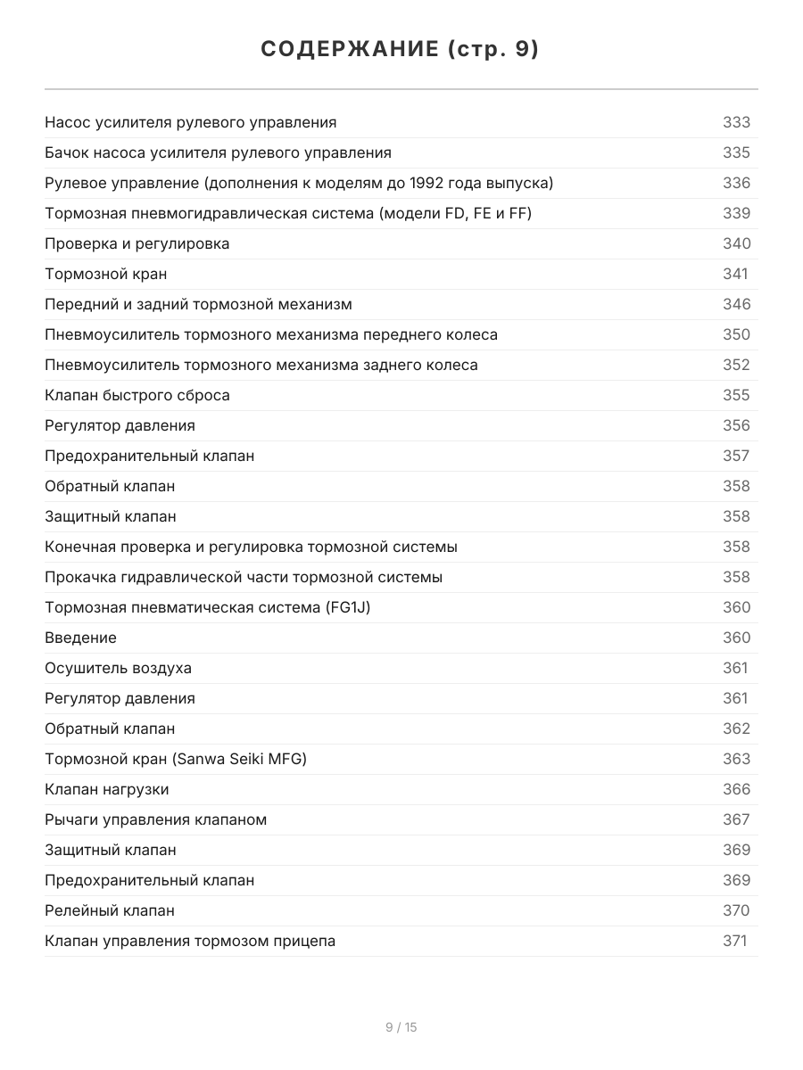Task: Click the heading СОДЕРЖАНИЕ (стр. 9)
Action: click(401, 50)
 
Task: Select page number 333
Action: click(736, 122)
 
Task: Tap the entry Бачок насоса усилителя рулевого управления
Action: click(218, 152)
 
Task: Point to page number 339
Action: click(736, 213)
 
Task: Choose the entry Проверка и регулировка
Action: click(137, 243)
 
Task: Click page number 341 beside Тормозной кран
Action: click(735, 274)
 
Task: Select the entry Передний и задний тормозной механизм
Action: click(198, 304)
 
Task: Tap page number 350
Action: click(736, 334)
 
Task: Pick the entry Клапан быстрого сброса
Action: click(137, 395)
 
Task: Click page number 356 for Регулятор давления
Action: click(736, 425)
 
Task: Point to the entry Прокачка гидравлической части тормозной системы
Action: click(244, 577)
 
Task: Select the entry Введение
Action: click(80, 638)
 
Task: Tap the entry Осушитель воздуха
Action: click(118, 668)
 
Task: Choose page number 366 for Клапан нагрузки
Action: click(736, 789)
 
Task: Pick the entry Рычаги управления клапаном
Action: click(155, 819)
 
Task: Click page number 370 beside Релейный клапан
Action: click(736, 910)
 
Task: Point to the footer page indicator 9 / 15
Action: click(401, 1027)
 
